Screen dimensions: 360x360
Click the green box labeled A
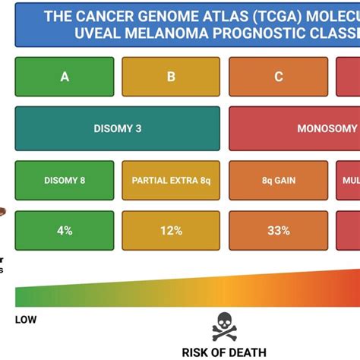65,76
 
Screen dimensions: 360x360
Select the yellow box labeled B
171,76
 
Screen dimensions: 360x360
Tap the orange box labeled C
279,76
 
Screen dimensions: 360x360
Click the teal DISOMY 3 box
117,128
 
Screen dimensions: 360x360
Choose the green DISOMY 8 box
65,180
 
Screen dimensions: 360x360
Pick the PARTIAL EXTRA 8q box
171,180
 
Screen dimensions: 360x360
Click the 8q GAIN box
279,180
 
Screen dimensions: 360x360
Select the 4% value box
65,230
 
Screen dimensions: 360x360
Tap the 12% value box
171,230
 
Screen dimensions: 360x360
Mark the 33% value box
279,230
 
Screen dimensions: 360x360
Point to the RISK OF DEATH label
224,351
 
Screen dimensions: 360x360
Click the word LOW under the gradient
25,319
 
